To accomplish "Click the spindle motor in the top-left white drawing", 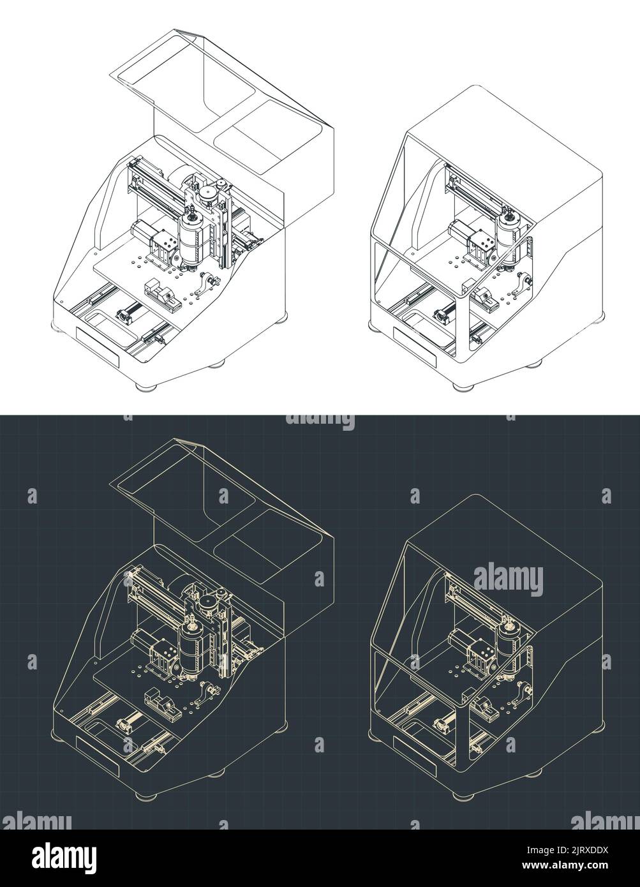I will coord(190,238).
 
